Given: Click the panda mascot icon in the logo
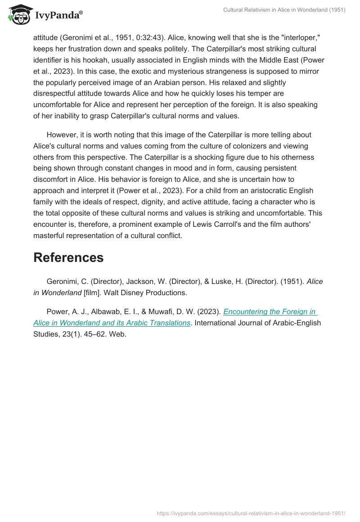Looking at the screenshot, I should (x=18, y=14).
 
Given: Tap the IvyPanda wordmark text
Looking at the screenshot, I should (x=58, y=15).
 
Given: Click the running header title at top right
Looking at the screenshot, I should (x=284, y=10).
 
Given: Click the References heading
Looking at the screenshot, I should (x=68, y=257).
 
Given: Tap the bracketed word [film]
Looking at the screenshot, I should (x=93, y=292).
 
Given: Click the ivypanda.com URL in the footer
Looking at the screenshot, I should (x=251, y=513).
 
